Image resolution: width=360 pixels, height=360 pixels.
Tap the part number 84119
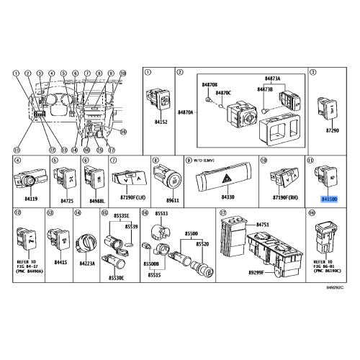29,195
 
